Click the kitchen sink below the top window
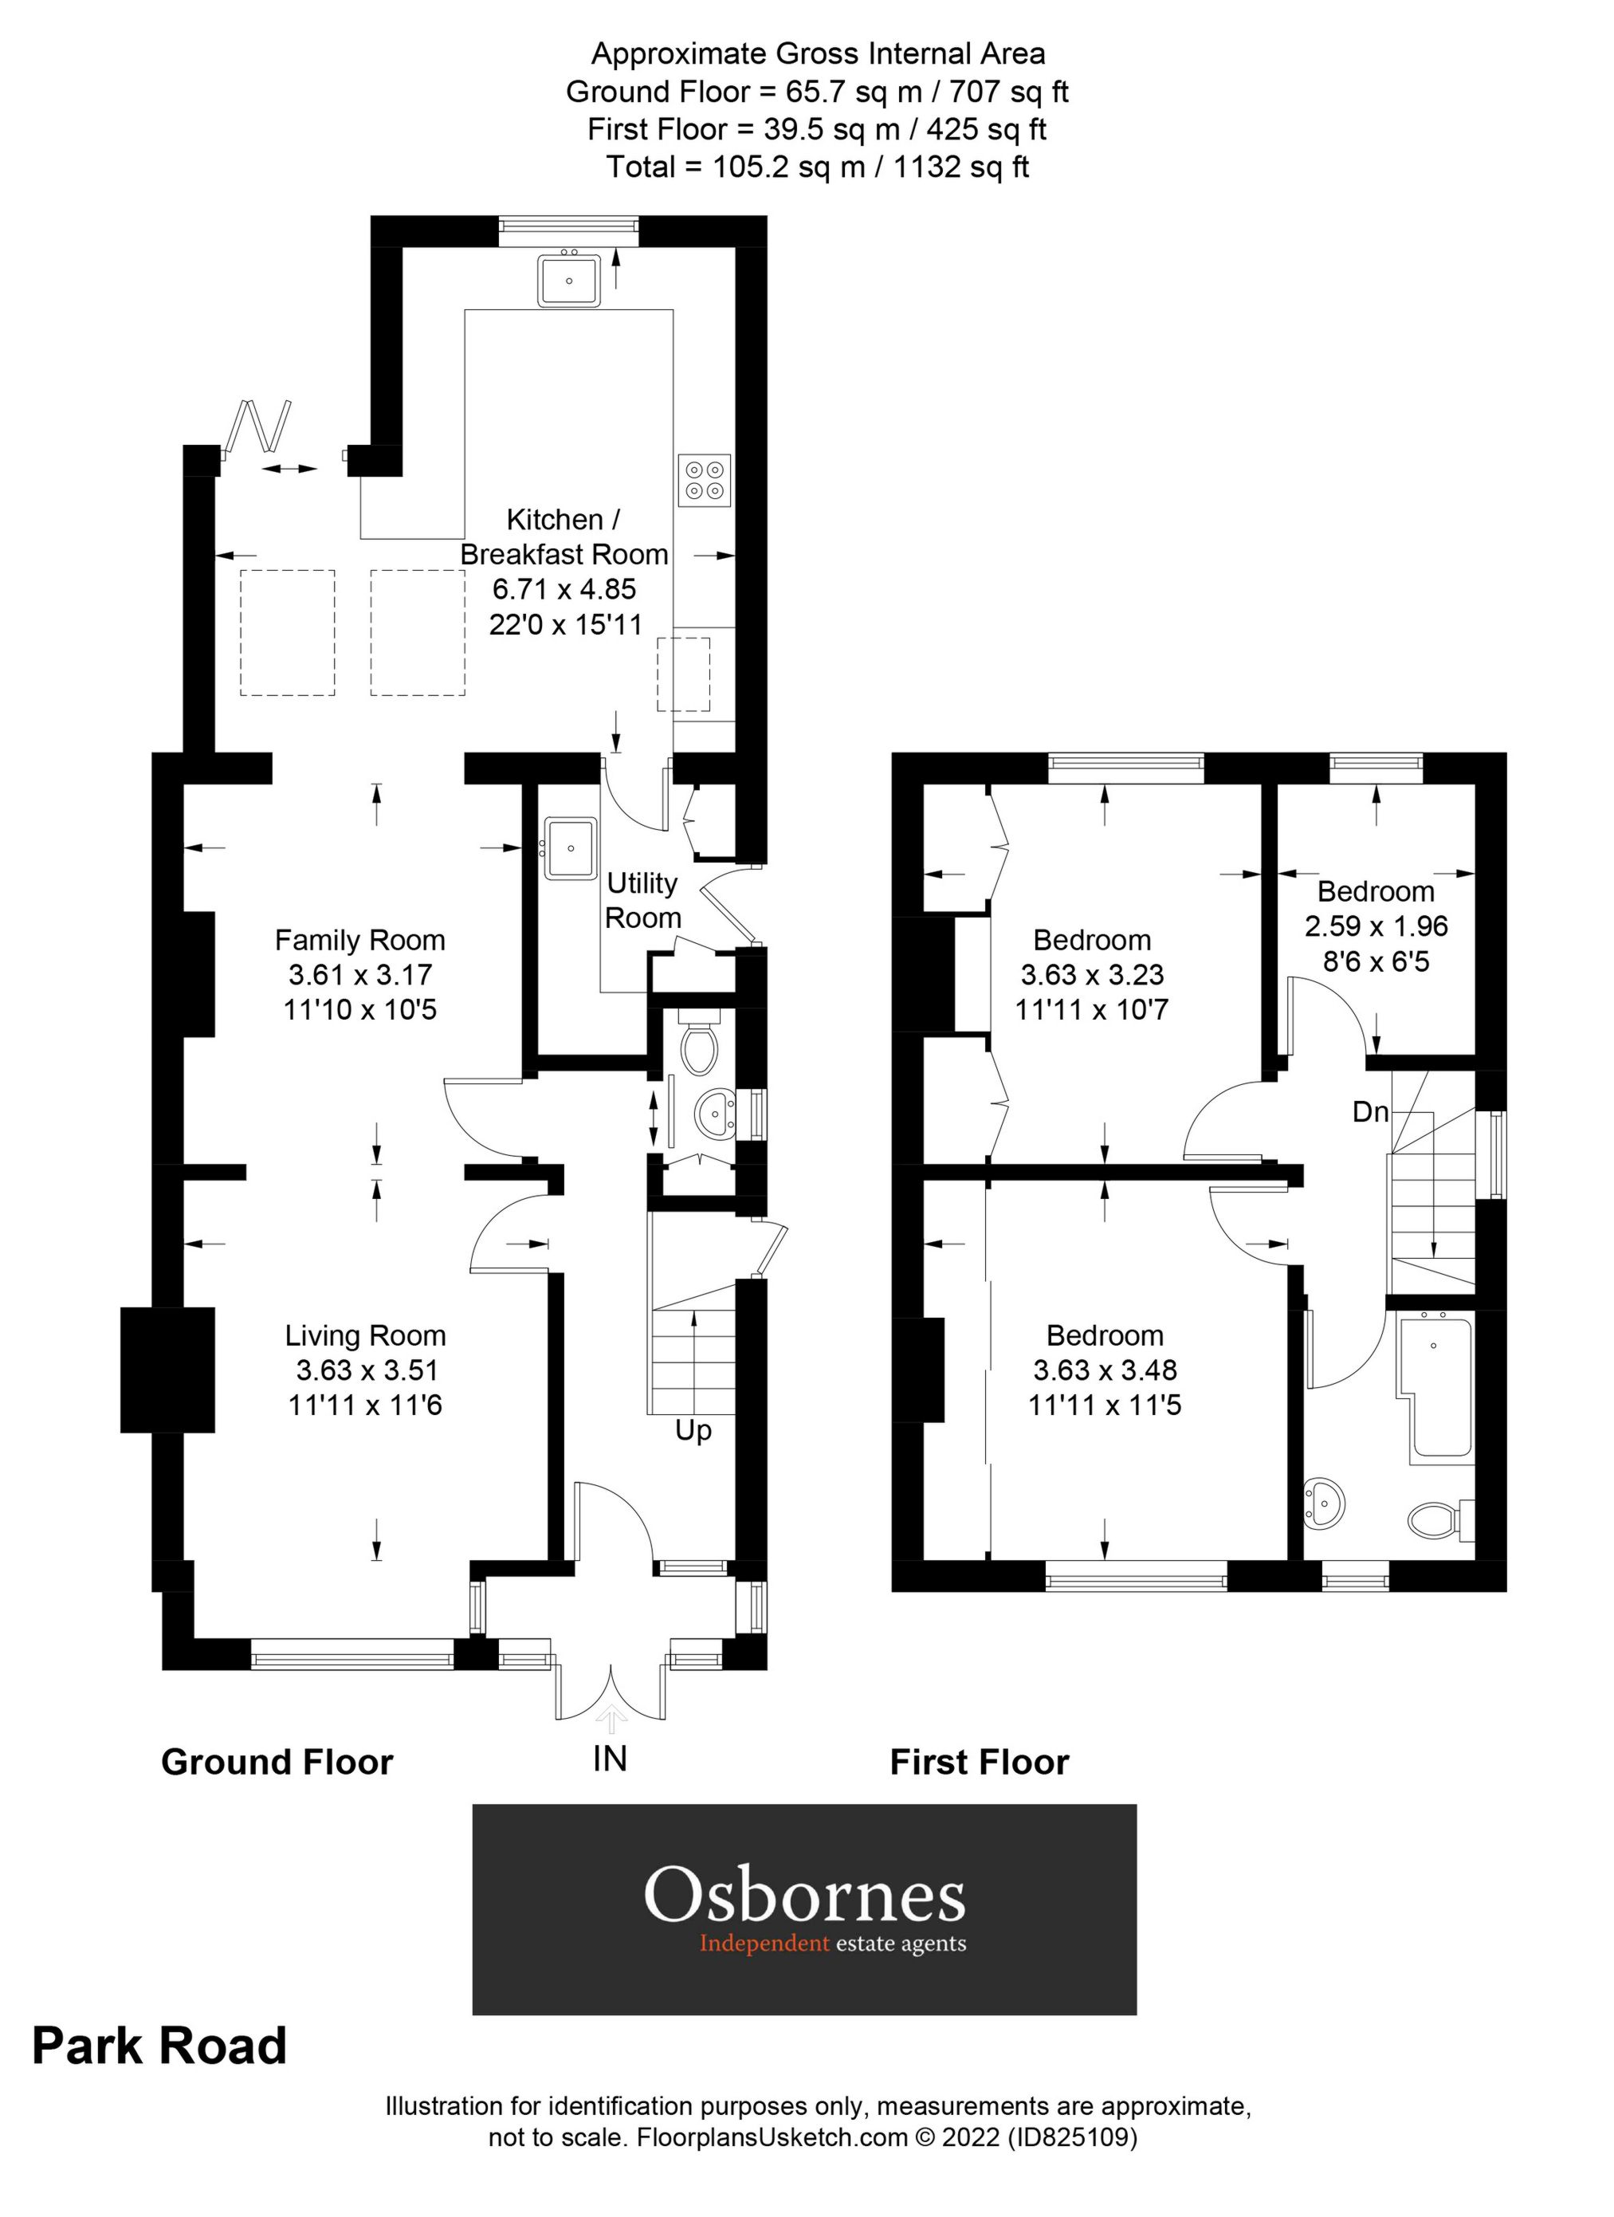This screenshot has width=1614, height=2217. [569, 280]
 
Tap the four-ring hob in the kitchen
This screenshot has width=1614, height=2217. [705, 480]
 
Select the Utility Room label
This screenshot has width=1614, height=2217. [642, 900]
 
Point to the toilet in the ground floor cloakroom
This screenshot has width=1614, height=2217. [699, 1047]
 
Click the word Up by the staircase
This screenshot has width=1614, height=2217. [693, 1431]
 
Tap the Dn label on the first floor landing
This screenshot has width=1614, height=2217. [1371, 1111]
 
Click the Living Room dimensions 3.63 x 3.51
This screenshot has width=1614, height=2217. [366, 1370]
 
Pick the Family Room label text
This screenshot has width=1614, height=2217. [359, 941]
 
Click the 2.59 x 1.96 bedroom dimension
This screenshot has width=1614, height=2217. [1376, 926]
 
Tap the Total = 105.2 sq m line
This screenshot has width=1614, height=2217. [817, 167]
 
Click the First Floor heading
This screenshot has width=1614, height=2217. [980, 1763]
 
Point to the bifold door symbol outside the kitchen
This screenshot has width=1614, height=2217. [259, 428]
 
